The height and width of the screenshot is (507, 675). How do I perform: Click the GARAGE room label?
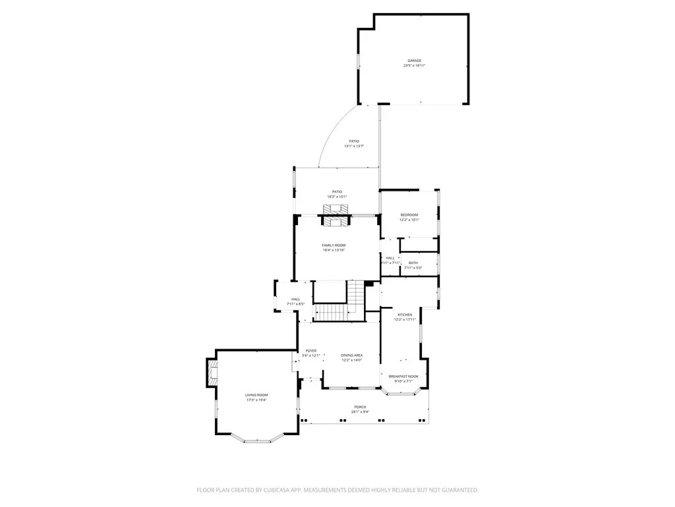point(414,61)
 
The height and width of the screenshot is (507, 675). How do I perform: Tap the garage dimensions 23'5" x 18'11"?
point(414,65)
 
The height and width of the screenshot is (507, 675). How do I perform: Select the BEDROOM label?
point(409,215)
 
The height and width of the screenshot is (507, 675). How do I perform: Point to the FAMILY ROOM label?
point(334,245)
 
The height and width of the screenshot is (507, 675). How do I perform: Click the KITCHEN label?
point(404,315)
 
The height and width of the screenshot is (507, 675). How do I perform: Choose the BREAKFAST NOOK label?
point(403,376)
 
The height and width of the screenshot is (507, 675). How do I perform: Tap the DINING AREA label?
point(351,355)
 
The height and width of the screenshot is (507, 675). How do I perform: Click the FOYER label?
point(310,351)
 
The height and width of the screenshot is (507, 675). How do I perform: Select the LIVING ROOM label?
point(257,395)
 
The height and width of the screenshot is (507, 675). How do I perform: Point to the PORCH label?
point(360,407)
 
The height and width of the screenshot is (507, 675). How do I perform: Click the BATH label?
point(413,263)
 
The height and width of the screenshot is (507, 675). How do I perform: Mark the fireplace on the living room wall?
point(212,373)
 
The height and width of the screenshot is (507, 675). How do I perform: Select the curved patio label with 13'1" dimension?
point(354,141)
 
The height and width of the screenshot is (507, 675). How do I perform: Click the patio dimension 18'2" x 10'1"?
point(337,197)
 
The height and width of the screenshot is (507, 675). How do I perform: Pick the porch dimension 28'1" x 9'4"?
point(360,412)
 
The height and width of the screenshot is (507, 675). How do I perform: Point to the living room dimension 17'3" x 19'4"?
point(257,400)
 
